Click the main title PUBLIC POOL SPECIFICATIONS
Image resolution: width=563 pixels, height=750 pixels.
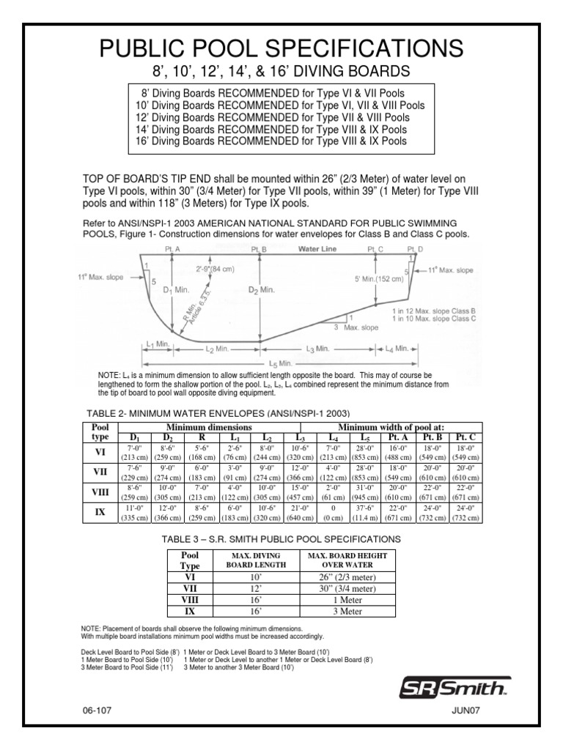[x=281, y=48]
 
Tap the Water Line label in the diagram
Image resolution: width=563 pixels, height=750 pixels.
[x=319, y=249]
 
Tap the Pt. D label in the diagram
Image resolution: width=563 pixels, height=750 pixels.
[x=415, y=250]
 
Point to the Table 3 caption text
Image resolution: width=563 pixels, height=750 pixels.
[x=281, y=538]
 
